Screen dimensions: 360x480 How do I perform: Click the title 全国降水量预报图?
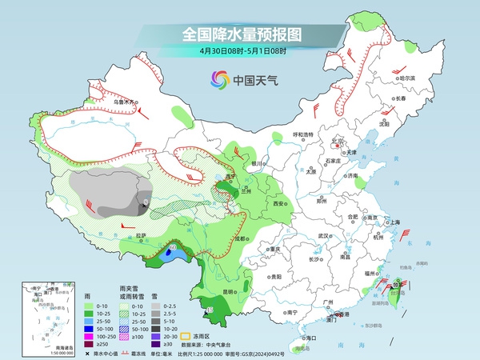[240, 34]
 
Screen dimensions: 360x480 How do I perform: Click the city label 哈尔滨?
[408, 78]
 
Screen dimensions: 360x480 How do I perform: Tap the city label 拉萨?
[141, 235]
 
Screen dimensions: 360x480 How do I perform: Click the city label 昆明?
[230, 291]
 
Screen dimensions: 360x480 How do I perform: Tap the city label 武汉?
[324, 236]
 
